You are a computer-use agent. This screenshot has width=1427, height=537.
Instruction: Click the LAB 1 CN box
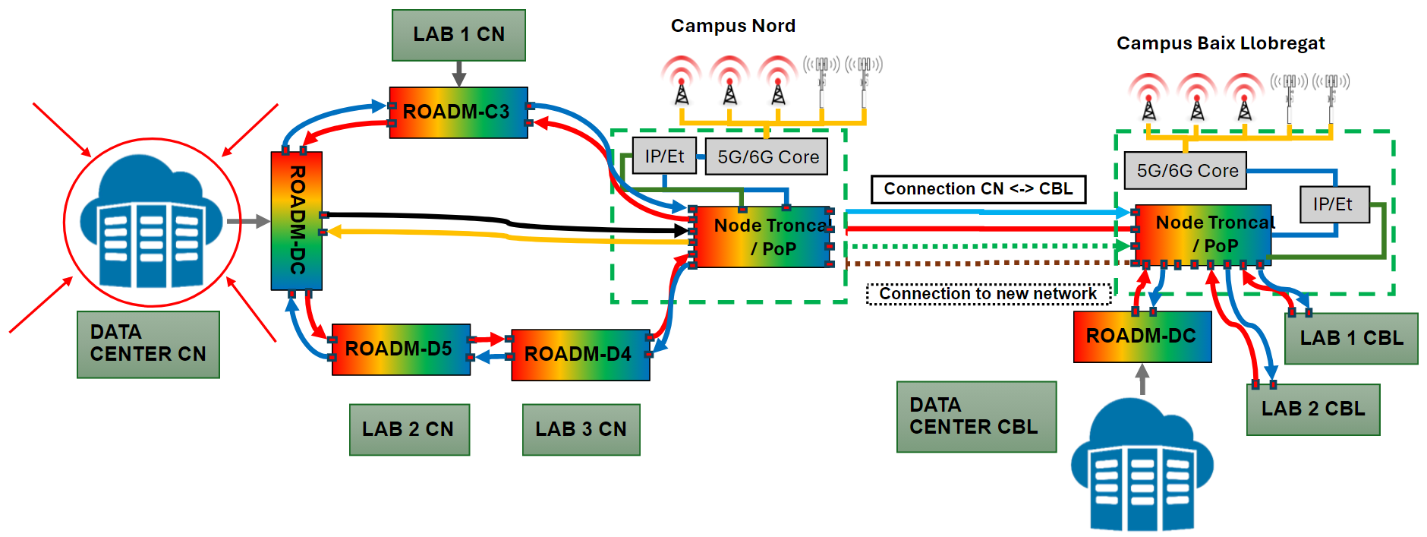[458, 35]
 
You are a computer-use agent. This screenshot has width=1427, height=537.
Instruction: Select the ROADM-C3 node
[458, 112]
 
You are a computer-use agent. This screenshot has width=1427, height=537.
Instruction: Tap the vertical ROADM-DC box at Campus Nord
[297, 220]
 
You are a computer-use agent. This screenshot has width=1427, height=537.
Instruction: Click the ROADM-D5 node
[401, 349]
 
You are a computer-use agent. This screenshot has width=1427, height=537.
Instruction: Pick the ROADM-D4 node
[581, 355]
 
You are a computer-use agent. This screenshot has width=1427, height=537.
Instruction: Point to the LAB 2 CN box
[409, 429]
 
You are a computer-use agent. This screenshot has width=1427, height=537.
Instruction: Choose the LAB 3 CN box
[581, 429]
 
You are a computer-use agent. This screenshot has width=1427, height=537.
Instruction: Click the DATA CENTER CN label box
[148, 344]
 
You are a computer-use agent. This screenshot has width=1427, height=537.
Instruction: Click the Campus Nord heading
[732, 26]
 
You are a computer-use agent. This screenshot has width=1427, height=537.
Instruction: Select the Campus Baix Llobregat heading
[1220, 43]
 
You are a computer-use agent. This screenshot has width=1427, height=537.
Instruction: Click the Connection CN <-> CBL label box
[978, 189]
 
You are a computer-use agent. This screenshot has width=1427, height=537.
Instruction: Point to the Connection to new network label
[988, 294]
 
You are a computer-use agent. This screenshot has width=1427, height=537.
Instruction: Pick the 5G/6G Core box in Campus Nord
[767, 156]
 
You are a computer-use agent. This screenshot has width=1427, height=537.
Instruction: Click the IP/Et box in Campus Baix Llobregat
[1334, 204]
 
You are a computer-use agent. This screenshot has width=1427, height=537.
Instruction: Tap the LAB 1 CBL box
[1351, 339]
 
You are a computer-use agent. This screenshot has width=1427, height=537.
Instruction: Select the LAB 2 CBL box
[1312, 409]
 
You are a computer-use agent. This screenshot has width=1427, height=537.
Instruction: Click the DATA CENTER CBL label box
[975, 416]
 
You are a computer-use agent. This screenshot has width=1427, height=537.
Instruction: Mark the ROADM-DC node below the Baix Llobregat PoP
[1142, 336]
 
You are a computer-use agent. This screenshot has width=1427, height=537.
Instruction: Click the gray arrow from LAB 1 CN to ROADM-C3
[458, 74]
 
